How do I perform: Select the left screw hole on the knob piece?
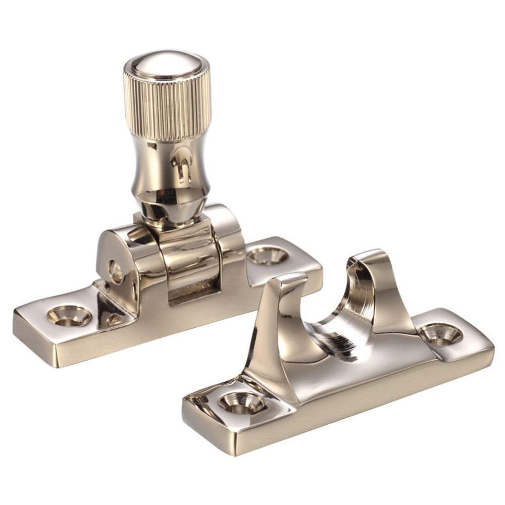tap(69, 316)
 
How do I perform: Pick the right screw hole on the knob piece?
tap(267, 256)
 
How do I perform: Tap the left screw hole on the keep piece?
tap(241, 402)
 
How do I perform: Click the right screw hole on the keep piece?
tap(440, 334)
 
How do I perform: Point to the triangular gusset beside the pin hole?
tap(109, 308)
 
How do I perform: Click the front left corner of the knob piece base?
tap(18, 323)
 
